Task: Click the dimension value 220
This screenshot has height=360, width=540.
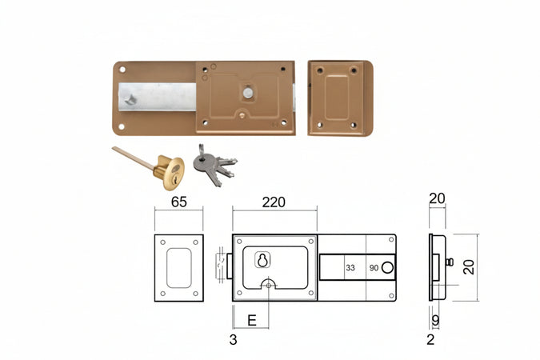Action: (274, 202)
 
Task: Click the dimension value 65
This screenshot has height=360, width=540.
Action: (178, 202)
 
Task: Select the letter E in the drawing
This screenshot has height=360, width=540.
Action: (252, 321)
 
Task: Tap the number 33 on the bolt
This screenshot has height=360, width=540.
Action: (350, 268)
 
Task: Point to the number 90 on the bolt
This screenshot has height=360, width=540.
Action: (374, 268)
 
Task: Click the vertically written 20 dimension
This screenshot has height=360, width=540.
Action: (469, 267)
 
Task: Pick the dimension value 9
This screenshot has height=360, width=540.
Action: (436, 320)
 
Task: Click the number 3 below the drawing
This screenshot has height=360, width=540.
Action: (233, 340)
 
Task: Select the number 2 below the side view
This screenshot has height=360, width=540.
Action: (430, 340)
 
